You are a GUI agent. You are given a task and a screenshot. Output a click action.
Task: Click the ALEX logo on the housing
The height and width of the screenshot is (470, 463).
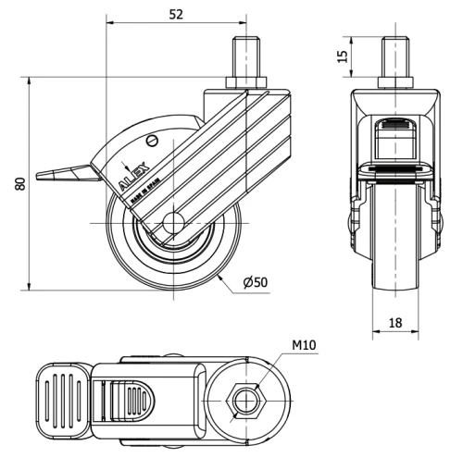[130, 178]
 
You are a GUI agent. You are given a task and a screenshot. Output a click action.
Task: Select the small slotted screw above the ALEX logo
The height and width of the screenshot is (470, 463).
[154, 141]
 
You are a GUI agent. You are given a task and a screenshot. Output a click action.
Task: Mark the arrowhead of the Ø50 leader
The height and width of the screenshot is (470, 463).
[220, 273]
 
